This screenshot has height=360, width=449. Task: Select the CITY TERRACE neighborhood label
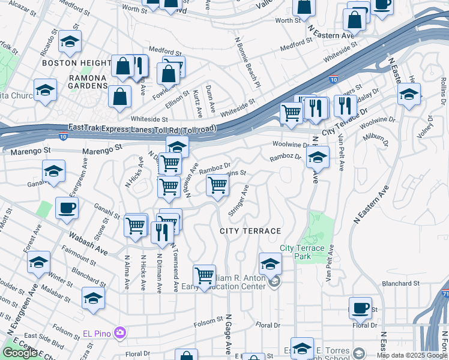pyautogui.click(x=250, y=231)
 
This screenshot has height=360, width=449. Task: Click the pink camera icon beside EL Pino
pyautogui.click(x=120, y=332)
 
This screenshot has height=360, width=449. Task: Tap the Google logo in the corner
pyautogui.click(x=20, y=353)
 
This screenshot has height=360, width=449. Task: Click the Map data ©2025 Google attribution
pyautogui.click(x=411, y=355)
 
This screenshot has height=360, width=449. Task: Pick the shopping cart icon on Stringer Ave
pyautogui.click(x=217, y=185)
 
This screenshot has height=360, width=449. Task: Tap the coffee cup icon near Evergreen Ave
pyautogui.click(x=67, y=208)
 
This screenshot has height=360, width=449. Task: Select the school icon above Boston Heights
pyautogui.click(x=70, y=41)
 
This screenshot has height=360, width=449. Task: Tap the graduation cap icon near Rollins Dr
pyautogui.click(x=409, y=94)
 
